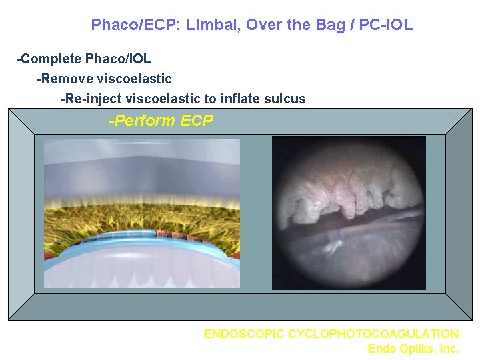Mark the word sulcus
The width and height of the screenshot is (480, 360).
(x=286, y=99)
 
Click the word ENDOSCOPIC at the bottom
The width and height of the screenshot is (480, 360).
(x=244, y=333)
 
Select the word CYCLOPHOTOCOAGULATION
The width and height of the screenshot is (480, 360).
(x=373, y=333)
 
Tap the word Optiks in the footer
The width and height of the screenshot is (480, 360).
(x=416, y=348)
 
